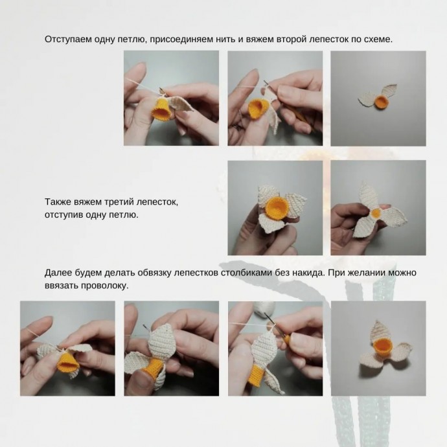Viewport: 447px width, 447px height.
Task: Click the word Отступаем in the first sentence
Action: (68, 40)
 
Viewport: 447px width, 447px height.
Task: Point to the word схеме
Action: (376, 40)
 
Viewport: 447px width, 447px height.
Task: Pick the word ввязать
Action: (62, 285)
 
